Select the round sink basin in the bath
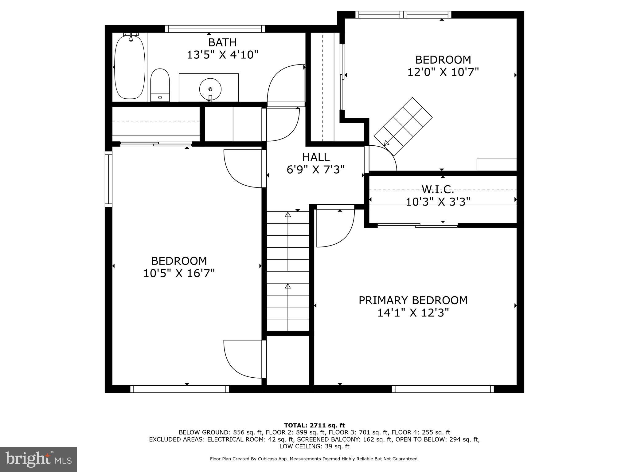[210, 89]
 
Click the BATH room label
[222, 42]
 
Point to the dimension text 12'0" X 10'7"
[443, 72]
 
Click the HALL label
[316, 157]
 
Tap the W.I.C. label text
[438, 189]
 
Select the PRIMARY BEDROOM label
[413, 300]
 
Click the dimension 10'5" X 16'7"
[179, 273]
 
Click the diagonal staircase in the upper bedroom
[403, 126]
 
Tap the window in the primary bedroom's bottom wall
[443, 389]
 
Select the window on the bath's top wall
[215, 29]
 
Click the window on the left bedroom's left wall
[108, 179]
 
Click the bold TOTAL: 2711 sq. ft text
[314, 425]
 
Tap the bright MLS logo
[38, 459]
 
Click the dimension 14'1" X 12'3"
[413, 313]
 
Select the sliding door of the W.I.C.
[417, 226]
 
